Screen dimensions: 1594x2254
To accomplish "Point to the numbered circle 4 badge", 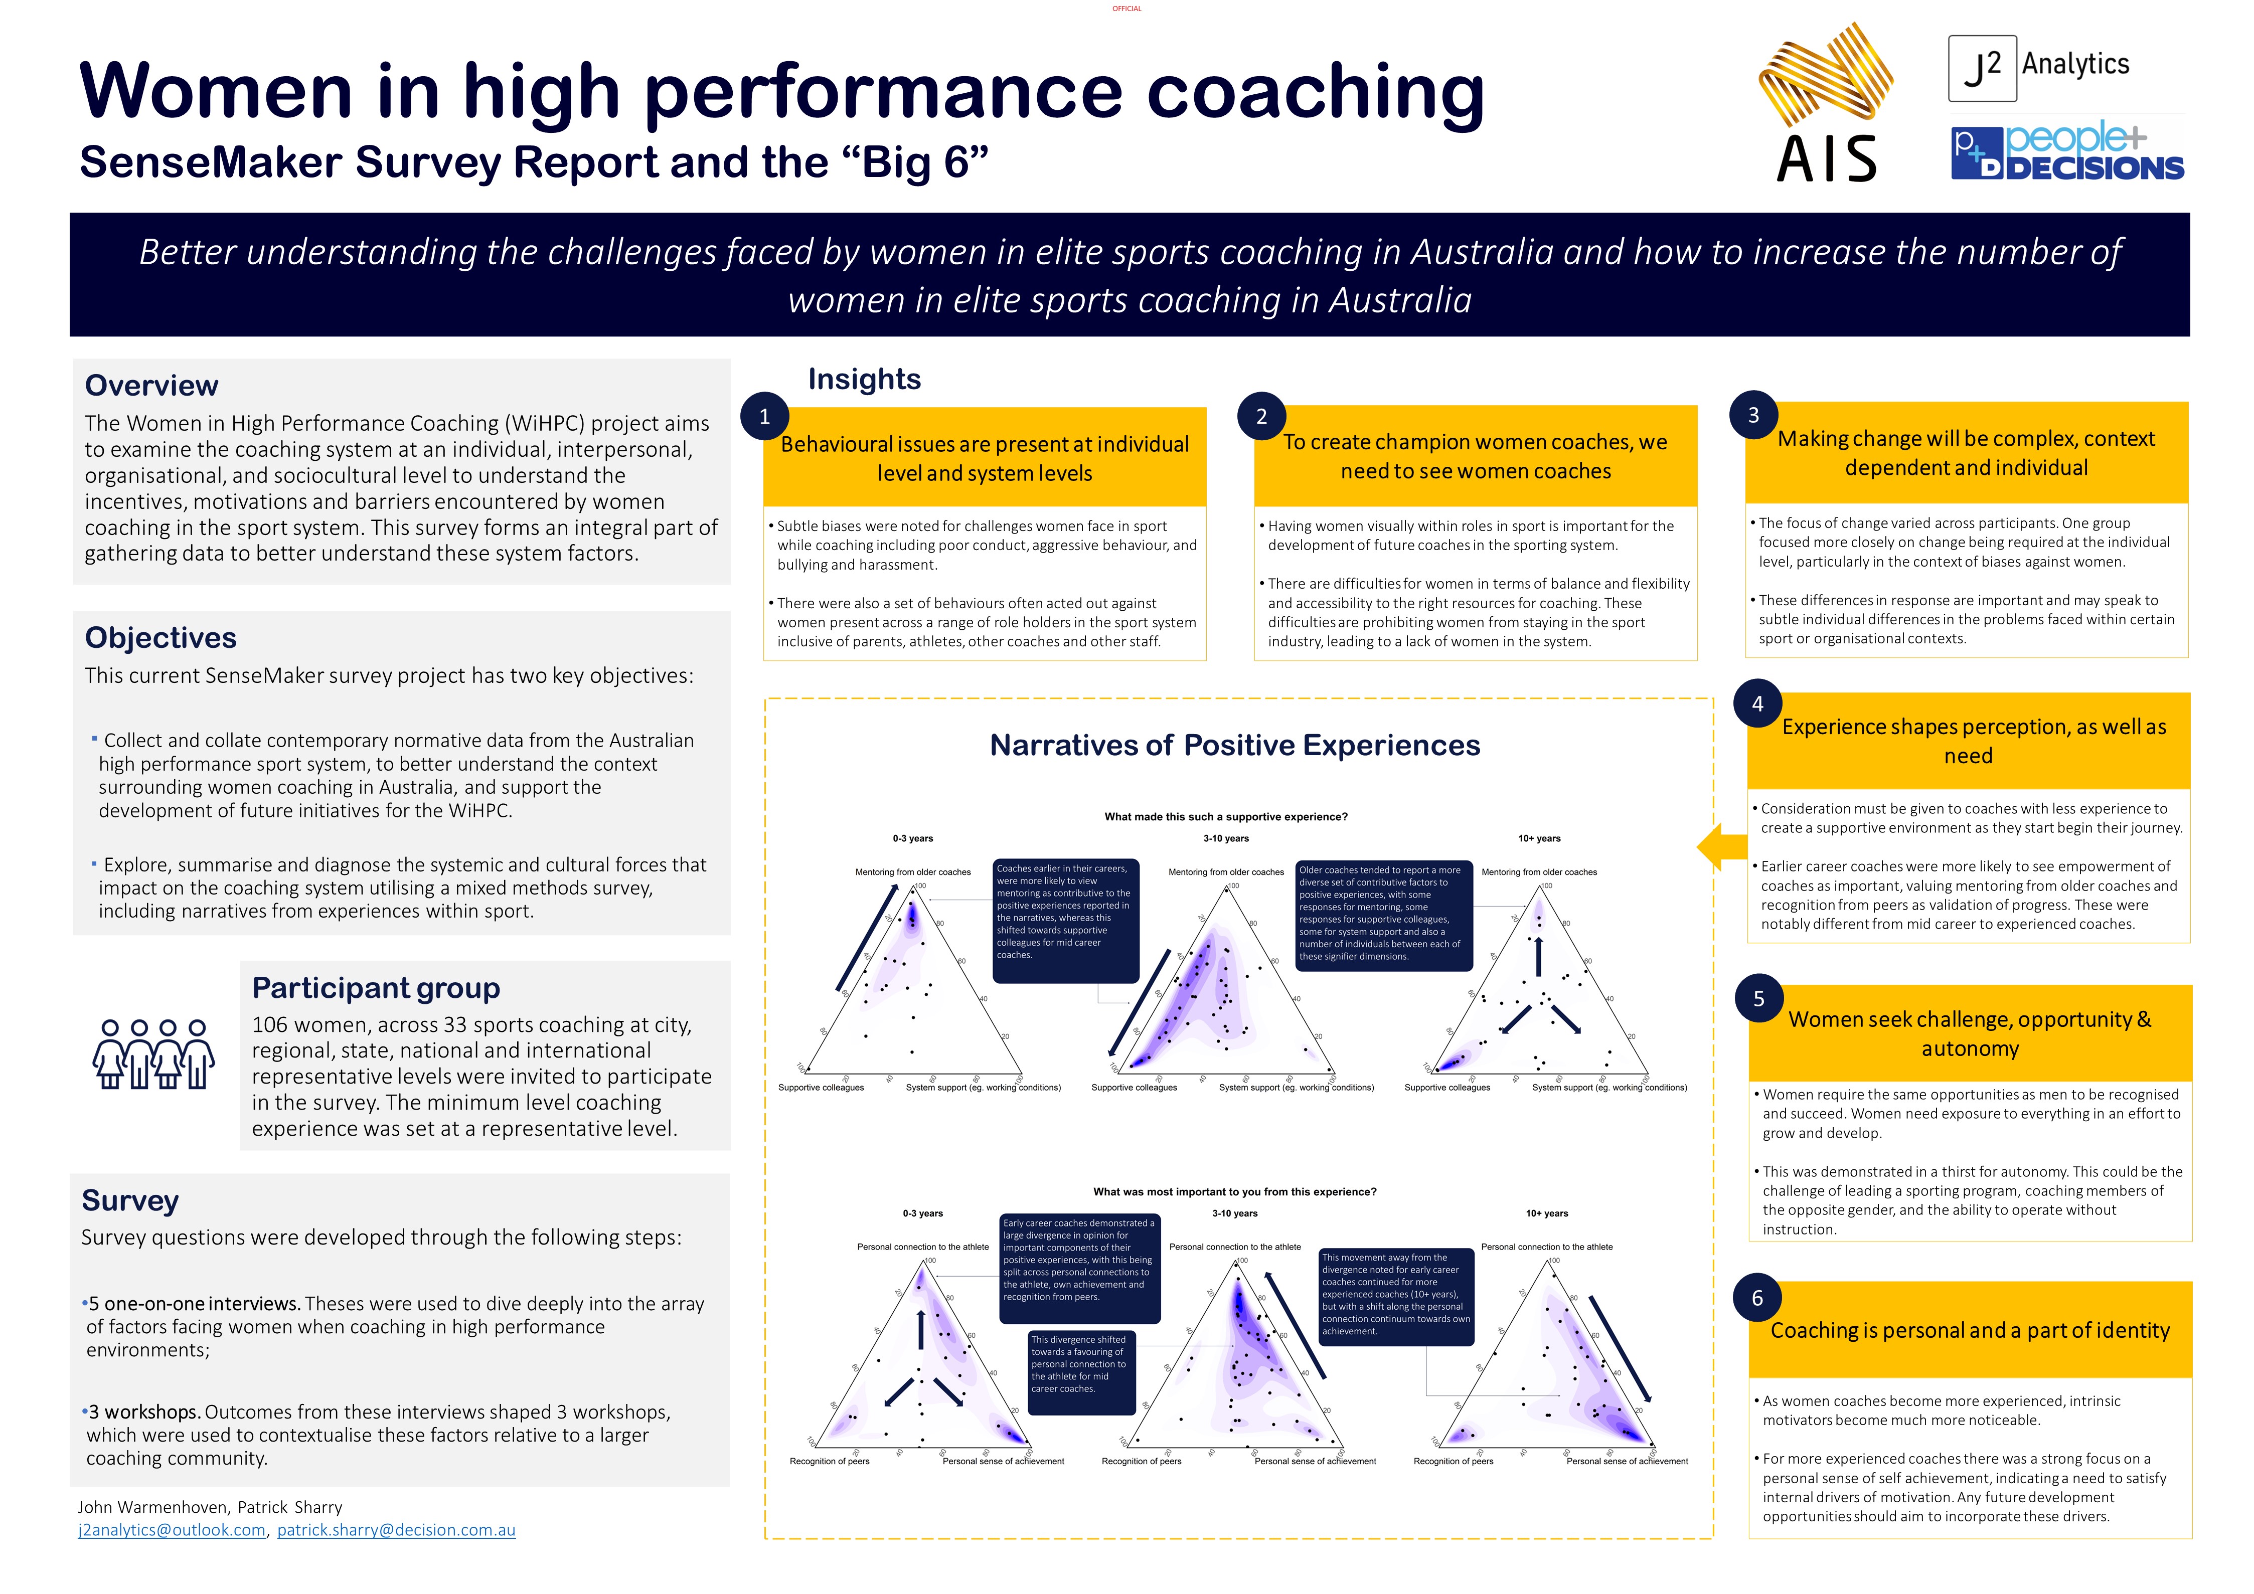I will (x=1757, y=704).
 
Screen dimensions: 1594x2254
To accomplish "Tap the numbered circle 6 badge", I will (x=1757, y=1298).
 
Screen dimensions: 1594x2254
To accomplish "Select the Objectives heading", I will (x=161, y=638).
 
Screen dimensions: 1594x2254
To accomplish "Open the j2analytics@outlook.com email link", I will (x=172, y=1530).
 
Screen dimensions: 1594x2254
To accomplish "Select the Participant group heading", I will (x=376, y=987).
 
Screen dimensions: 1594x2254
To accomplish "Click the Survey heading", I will (x=130, y=1200).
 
